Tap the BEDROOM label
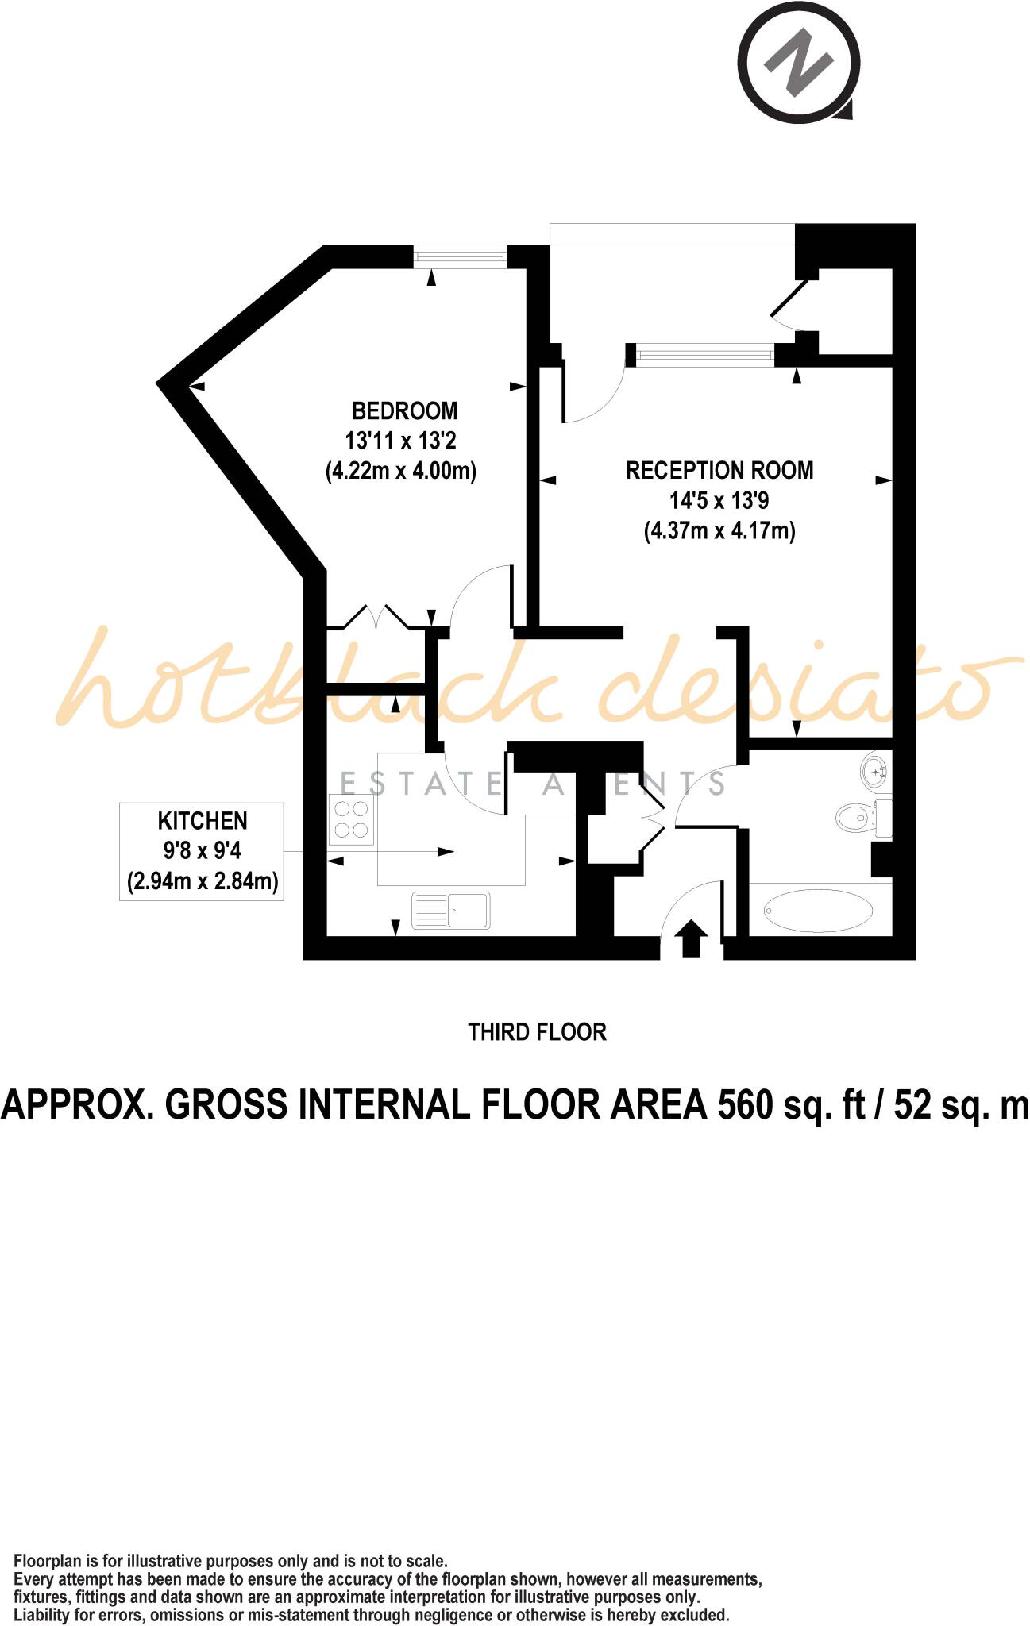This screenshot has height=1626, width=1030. coord(404,411)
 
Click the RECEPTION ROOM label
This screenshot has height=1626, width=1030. coord(719,471)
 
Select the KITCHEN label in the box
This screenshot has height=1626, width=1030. coord(203,821)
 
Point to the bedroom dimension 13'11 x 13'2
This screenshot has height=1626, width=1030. coord(400,441)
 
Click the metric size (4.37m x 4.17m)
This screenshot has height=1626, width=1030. coord(719,530)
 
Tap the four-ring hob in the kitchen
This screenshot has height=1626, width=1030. coord(352,820)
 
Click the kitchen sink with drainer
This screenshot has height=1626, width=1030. coord(450,910)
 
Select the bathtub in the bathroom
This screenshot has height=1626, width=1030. coord(817,910)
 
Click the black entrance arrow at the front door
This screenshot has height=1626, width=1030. coord(691,938)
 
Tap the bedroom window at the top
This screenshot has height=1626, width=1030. coord(460,256)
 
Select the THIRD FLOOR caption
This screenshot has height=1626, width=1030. coord(537,1032)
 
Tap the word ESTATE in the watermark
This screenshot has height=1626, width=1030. coord(421,784)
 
